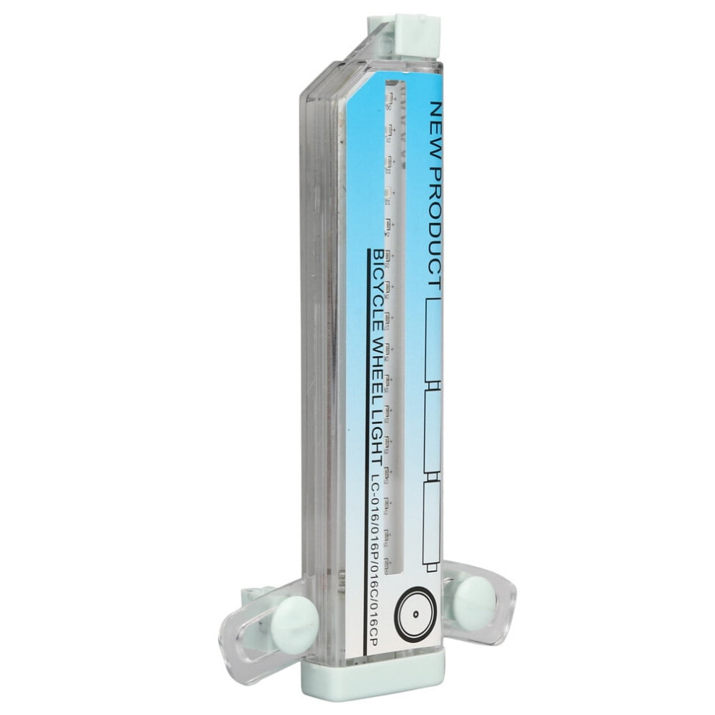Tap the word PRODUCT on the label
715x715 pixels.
[x=437, y=228]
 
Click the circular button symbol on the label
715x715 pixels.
[x=415, y=614]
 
